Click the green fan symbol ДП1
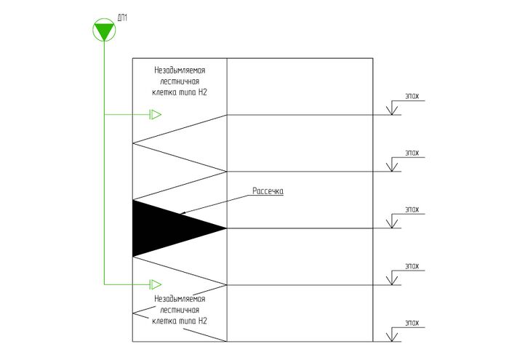click(104, 31)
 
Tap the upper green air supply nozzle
click(155, 114)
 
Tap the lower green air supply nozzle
click(155, 284)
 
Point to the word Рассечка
click(268, 191)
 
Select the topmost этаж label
click(412, 95)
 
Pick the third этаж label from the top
click(412, 209)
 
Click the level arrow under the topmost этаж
click(393, 110)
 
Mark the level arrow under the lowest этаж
click(393, 337)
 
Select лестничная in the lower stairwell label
click(178, 310)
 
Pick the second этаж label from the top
click(412, 153)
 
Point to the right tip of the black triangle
click(225, 228)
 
